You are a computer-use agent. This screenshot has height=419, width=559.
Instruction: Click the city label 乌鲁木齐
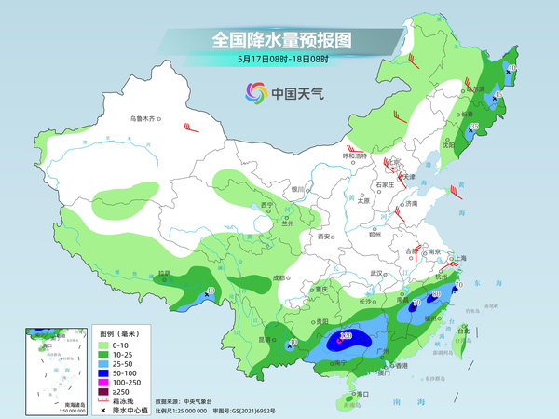[142, 118]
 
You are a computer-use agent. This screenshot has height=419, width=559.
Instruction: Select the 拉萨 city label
[164, 274]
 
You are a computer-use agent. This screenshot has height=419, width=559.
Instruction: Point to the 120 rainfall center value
[346, 335]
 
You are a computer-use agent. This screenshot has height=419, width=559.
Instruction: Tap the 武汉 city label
[376, 273]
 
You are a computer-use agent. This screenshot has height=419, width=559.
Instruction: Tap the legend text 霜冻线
[112, 402]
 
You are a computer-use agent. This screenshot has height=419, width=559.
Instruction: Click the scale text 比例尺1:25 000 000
[188, 410]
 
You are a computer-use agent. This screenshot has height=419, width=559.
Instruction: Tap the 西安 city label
[325, 237]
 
